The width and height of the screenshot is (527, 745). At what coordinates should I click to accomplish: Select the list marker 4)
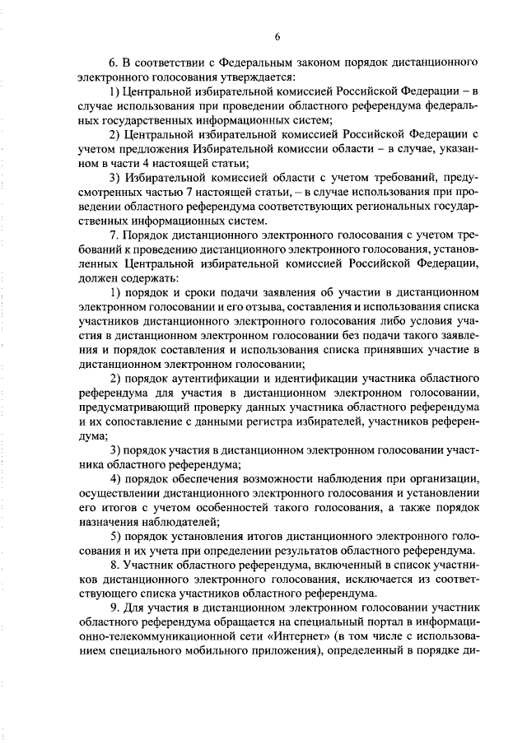click(116, 480)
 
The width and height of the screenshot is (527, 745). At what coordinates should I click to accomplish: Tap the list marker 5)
click(116, 538)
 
